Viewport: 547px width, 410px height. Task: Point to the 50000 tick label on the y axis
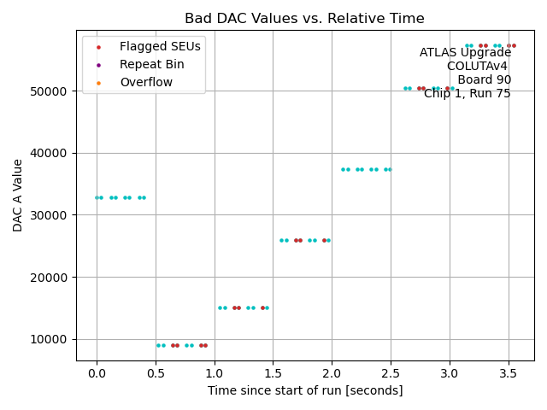point(51,91)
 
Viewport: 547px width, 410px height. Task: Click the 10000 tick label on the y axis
point(51,340)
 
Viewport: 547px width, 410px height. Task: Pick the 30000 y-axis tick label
point(51,215)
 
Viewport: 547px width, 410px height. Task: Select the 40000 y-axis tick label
point(51,154)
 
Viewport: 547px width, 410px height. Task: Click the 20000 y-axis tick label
point(51,278)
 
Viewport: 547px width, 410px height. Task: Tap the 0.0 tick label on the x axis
point(97,373)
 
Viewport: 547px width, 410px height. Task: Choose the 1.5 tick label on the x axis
point(273,373)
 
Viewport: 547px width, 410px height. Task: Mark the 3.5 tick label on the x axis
point(509,373)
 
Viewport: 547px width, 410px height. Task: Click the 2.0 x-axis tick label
point(332,373)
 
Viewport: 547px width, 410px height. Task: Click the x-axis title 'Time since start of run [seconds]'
point(305,390)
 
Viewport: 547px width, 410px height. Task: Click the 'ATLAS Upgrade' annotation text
point(465,53)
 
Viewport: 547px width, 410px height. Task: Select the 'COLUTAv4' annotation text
point(479,67)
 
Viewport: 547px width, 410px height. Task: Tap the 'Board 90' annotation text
point(484,80)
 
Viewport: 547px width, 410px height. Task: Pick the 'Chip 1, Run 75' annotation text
point(467,94)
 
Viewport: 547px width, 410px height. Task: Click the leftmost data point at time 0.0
point(97,197)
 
